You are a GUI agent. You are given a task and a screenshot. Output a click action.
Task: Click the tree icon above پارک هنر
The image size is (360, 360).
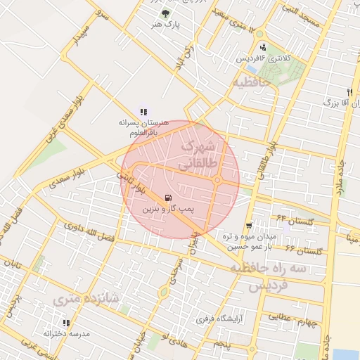(x=165, y=13)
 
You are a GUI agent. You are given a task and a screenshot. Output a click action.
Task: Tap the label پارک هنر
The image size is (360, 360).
(x=165, y=25)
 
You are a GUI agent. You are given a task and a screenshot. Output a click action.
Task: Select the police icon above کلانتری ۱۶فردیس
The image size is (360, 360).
(x=263, y=47)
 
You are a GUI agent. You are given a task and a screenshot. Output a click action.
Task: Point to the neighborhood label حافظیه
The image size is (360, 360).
(x=252, y=83)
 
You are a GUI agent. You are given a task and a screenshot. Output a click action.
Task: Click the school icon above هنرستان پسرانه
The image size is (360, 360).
(x=143, y=111)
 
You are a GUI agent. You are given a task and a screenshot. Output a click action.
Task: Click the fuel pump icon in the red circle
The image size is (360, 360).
(x=167, y=198)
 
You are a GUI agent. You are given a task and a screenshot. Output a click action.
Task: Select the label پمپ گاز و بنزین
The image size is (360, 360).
(x=167, y=210)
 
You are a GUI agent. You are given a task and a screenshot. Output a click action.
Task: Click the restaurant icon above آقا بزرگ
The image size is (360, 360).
(x=349, y=92)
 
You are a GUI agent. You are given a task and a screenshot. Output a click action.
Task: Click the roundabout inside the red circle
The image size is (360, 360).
(x=217, y=181)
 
